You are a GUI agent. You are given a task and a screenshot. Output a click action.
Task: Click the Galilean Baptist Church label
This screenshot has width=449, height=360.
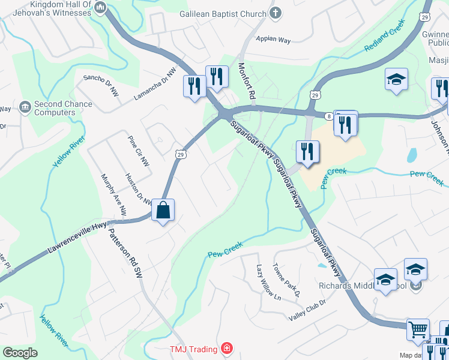pyautogui.click(x=223, y=14)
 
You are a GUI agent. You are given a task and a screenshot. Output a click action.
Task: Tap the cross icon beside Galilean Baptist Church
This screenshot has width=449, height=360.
pyautogui.click(x=276, y=13)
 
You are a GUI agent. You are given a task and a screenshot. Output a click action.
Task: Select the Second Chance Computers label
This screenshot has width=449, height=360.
pyautogui.click(x=63, y=108)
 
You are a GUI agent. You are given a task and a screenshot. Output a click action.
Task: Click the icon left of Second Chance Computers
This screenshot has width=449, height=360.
pyautogui.click(x=25, y=107)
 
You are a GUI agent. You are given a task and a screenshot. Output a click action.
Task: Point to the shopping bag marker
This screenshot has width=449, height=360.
pyautogui.click(x=163, y=210)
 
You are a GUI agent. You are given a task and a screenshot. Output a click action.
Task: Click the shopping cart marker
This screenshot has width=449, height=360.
pyautogui.click(x=418, y=329)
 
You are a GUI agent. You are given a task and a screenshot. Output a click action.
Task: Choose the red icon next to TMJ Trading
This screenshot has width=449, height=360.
pyautogui.click(x=226, y=347)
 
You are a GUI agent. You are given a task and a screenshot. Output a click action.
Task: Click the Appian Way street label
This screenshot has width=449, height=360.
pyautogui.click(x=273, y=40)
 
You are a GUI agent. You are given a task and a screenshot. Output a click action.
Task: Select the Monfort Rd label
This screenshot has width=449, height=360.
pyautogui.click(x=247, y=81)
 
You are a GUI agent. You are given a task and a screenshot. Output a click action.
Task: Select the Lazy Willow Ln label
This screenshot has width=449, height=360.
pyautogui.click(x=268, y=282)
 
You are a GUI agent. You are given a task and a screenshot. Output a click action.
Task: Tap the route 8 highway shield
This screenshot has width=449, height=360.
pyautogui.click(x=329, y=115)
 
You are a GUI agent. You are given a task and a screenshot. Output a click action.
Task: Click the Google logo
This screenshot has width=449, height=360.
pyautogui.click(x=20, y=353)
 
